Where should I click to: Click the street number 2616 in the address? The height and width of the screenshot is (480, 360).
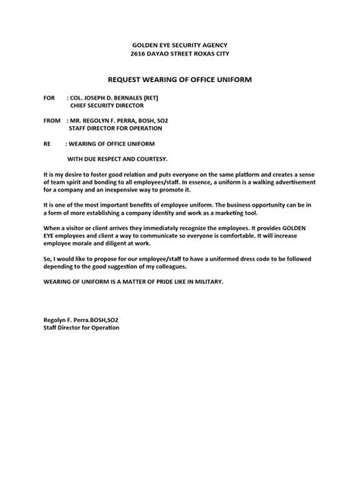click(x=143, y=55)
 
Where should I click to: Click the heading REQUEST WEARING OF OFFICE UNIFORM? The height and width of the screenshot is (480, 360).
click(x=180, y=80)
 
